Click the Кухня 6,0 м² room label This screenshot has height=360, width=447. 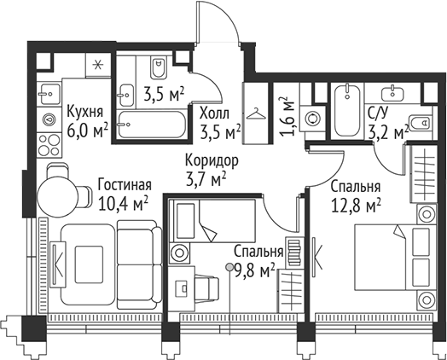point(86,120)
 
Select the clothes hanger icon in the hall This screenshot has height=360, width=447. point(256,112)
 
